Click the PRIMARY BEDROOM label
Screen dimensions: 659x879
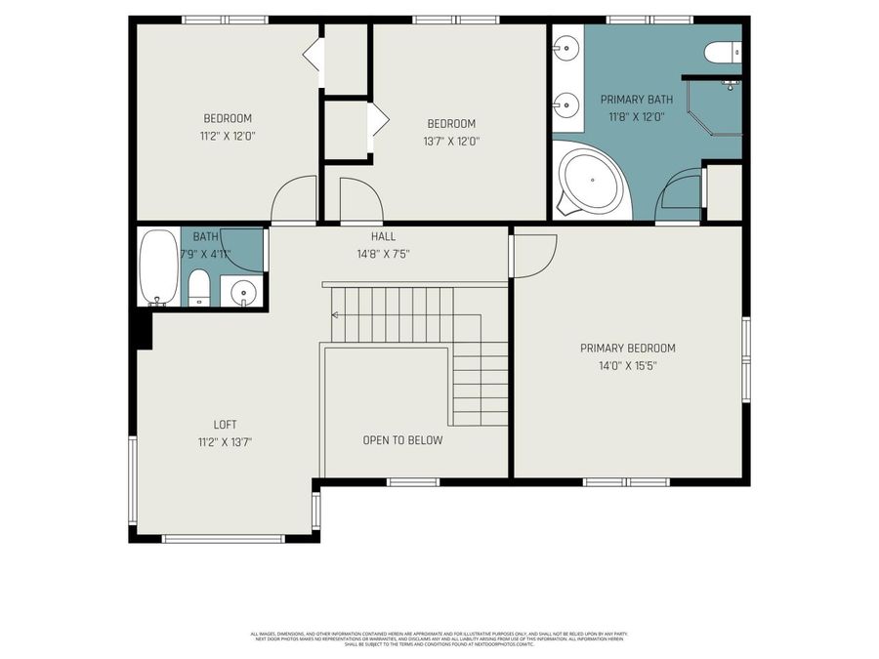627,349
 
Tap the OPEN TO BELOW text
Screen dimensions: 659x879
402,440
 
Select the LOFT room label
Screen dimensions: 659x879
226,425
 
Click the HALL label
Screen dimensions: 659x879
383,236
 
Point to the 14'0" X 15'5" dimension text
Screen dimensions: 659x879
627,366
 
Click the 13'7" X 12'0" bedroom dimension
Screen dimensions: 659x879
451,141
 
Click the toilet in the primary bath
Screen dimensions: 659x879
724,52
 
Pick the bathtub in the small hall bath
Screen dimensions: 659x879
157,267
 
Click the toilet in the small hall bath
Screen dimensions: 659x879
198,287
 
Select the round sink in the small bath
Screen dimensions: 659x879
241,291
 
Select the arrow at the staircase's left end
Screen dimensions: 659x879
336,314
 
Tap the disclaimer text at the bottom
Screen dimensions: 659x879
439,638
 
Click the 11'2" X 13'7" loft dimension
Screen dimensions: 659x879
226,442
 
